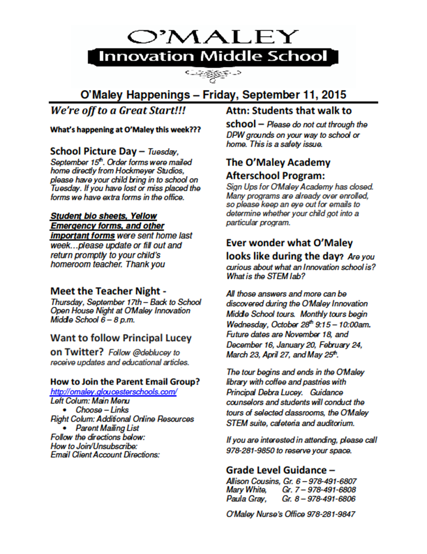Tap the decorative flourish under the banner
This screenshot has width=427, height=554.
coord(212,75)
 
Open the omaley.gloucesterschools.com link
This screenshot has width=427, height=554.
coord(113,392)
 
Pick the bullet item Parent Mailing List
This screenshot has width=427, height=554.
coord(109,428)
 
